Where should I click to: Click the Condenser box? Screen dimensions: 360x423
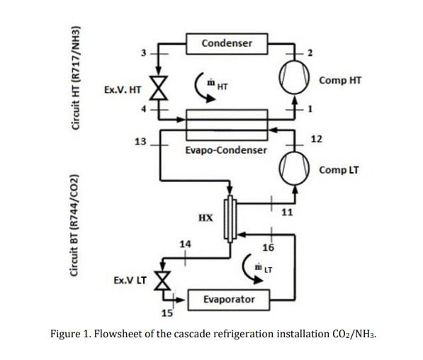[226, 44]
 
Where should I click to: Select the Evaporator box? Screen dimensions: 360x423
[228, 300]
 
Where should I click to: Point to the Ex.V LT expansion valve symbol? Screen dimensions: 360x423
[162, 281]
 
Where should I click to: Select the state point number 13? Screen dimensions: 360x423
[141, 142]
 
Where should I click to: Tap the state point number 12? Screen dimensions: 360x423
[316, 138]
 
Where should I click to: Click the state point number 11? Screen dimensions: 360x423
[287, 212]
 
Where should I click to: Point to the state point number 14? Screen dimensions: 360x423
[185, 244]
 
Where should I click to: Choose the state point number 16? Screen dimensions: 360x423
[268, 247]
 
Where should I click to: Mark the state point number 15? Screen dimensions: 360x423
[167, 313]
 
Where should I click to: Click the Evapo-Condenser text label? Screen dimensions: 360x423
[226, 151]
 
